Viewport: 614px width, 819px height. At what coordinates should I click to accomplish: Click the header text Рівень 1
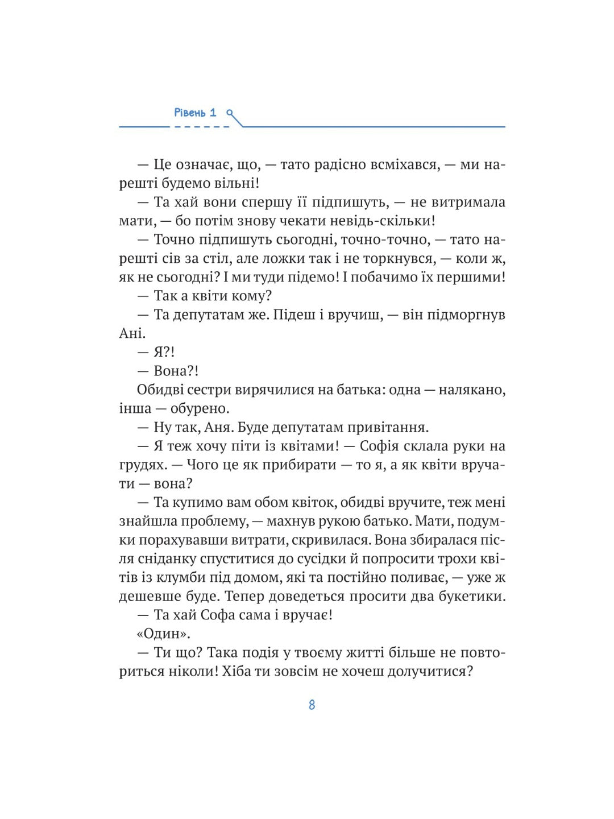pyautogui.click(x=195, y=113)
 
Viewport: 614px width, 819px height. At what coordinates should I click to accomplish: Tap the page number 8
pyautogui.click(x=312, y=705)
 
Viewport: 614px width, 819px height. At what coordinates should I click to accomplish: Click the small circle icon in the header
pyautogui.click(x=230, y=113)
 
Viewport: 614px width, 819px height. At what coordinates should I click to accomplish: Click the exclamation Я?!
pyautogui.click(x=164, y=352)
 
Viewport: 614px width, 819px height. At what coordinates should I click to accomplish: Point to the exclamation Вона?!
pyautogui.click(x=176, y=371)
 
